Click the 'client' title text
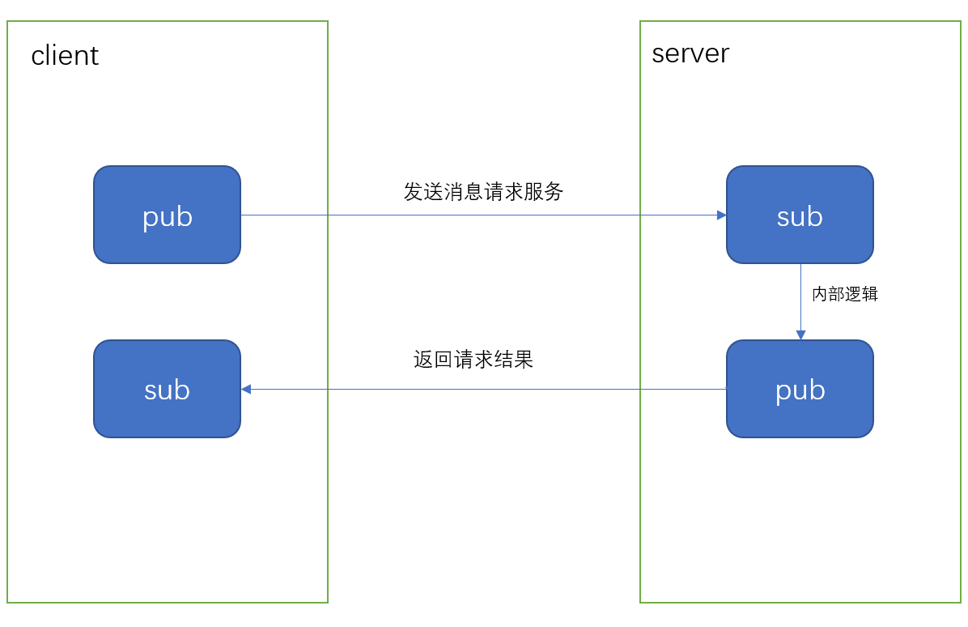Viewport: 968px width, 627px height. [65, 56]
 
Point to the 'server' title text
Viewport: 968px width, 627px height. [690, 53]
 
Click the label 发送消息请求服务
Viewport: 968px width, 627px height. [483, 192]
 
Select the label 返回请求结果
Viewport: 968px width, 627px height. [473, 360]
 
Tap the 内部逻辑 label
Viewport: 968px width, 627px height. [845, 294]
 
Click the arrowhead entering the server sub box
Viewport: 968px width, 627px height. [721, 215]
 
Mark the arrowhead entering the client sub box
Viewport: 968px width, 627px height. [246, 390]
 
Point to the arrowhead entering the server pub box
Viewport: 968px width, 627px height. [800, 335]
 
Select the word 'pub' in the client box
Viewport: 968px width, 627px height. [168, 217]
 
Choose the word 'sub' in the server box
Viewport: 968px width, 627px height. [800, 217]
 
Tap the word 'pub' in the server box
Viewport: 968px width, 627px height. [800, 390]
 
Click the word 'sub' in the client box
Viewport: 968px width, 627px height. [167, 390]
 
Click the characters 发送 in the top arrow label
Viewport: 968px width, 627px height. [423, 192]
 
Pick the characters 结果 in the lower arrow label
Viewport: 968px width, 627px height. [514, 360]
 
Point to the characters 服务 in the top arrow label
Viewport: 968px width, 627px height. [544, 192]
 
